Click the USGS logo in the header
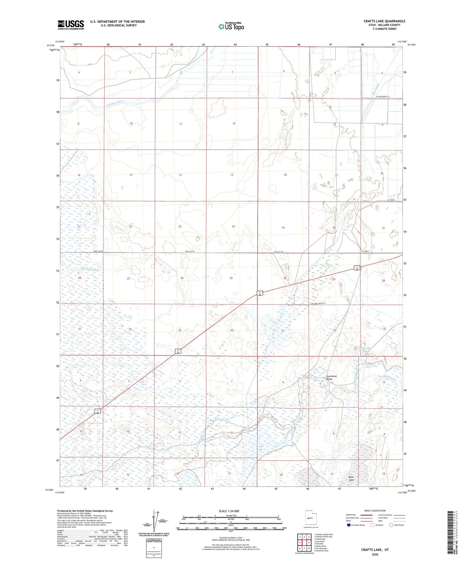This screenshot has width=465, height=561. coord(71,24)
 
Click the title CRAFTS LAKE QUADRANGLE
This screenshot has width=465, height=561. coord(384,21)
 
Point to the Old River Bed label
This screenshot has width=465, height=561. coord(115,103)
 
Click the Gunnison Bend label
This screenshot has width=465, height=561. coord(331,378)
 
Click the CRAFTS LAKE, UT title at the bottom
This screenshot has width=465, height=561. coord(375,550)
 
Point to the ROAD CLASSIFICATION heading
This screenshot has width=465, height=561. coord(375,511)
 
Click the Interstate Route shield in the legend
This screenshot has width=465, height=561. coord(349,525)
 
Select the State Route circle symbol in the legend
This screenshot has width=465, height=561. coord(391,525)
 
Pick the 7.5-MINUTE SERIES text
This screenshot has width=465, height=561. coord(384,29)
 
